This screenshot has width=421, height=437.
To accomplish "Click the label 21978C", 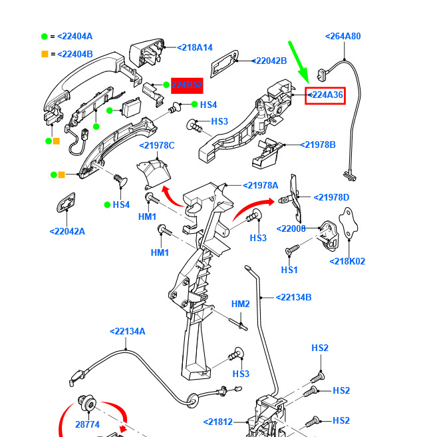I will [157, 146].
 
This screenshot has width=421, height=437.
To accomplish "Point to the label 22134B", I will [293, 297].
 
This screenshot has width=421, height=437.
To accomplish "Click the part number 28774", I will [87, 424].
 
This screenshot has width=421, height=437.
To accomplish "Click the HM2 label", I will [241, 304].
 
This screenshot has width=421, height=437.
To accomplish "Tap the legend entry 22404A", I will [74, 36].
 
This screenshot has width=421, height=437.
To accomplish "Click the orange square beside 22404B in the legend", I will [45, 54].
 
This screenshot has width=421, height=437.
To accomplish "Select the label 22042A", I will [67, 232].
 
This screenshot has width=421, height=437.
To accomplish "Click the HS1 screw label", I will [289, 270].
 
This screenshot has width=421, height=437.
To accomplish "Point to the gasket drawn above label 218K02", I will [347, 226].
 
